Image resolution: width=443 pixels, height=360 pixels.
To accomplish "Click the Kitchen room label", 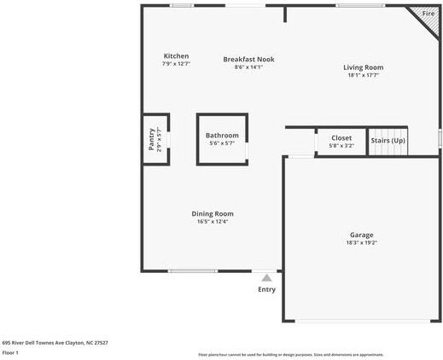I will pyautogui.click(x=176, y=56).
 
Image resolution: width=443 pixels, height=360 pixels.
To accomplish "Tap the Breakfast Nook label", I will pyautogui.click(x=248, y=59).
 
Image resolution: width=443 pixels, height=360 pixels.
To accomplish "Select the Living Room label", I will pyautogui.click(x=363, y=67).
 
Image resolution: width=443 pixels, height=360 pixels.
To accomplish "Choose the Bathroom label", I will pyautogui.click(x=222, y=136).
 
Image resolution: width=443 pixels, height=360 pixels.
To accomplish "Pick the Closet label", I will pyautogui.click(x=341, y=137).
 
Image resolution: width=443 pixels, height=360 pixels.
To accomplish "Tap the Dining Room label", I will pyautogui.click(x=212, y=213).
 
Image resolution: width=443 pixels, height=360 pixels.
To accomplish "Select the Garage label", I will pyautogui.click(x=361, y=235).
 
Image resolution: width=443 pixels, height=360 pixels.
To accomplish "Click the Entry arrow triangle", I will pyautogui.click(x=266, y=277).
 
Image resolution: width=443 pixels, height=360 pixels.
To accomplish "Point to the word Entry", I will pyautogui.click(x=267, y=289).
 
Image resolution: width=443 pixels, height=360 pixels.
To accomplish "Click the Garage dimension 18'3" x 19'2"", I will pyautogui.click(x=361, y=243).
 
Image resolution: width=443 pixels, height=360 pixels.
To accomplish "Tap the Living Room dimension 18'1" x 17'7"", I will pyautogui.click(x=363, y=75).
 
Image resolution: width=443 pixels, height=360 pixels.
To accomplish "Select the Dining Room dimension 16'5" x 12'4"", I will pyautogui.click(x=212, y=222).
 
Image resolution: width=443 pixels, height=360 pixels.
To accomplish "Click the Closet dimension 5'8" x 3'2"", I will pyautogui.click(x=341, y=146).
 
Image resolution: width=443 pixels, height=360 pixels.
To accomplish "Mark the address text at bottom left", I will pyautogui.click(x=55, y=342).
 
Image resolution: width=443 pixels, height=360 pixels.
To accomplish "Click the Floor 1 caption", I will pyautogui.click(x=10, y=352).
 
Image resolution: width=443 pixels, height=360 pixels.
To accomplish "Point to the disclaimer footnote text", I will pyautogui.click(x=290, y=354).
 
